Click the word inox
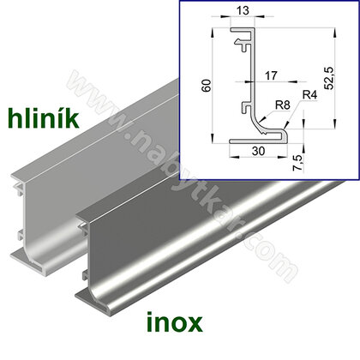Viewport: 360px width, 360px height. coord(166,323)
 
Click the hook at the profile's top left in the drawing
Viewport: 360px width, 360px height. coord(243,36)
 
